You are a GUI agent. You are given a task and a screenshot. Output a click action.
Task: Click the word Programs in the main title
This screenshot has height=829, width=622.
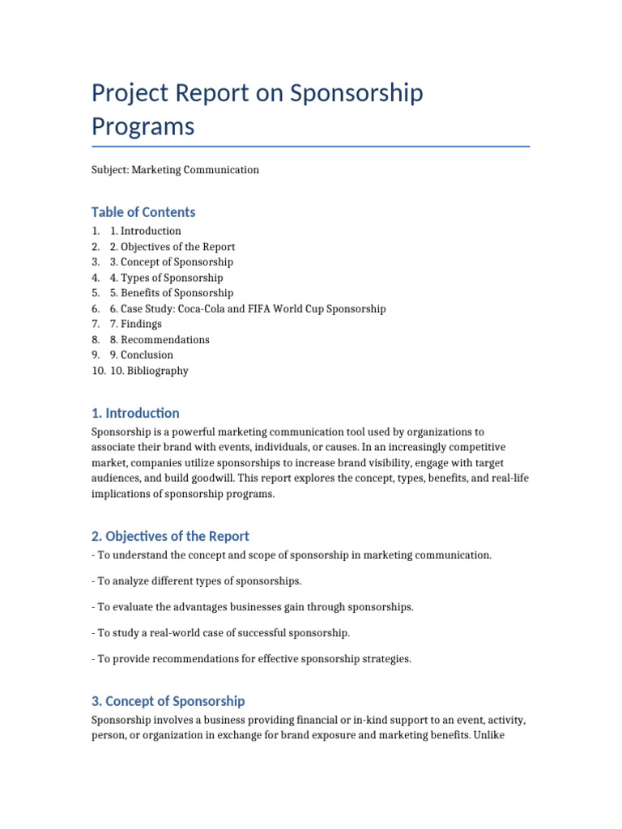[143, 127]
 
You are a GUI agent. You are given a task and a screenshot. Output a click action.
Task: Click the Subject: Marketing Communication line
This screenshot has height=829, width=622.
[175, 170]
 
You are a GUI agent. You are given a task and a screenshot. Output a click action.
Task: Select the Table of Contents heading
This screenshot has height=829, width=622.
[143, 212]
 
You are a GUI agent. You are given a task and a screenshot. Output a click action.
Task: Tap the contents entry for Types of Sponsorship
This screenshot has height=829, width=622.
[166, 278]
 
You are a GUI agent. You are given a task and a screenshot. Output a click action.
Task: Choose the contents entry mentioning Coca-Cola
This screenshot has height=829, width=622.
[248, 308]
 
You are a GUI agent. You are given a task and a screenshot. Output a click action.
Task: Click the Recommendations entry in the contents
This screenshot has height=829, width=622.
[160, 340]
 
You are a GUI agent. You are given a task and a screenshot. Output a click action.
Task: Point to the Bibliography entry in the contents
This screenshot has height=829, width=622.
[149, 371]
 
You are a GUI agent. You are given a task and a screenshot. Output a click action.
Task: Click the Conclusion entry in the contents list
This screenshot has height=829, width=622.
[142, 355]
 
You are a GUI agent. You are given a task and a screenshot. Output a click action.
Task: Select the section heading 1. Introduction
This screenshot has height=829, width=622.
[135, 413]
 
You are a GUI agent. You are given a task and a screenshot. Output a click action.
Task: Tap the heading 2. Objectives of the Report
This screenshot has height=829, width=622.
[170, 536]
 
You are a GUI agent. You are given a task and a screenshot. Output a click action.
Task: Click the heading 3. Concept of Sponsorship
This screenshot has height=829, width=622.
[168, 701]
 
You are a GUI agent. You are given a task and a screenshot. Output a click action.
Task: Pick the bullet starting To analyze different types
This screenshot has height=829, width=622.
[196, 581]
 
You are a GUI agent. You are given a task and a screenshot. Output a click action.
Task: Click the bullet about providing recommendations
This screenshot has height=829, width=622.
[251, 659]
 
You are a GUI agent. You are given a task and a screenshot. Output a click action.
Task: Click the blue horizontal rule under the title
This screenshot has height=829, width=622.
[310, 147]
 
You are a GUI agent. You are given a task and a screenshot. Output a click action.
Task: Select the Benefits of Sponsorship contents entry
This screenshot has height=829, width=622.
[171, 293]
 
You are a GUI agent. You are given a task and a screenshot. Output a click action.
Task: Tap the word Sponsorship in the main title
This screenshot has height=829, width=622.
[356, 93]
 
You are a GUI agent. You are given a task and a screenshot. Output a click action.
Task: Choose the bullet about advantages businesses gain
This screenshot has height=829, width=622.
[252, 607]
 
